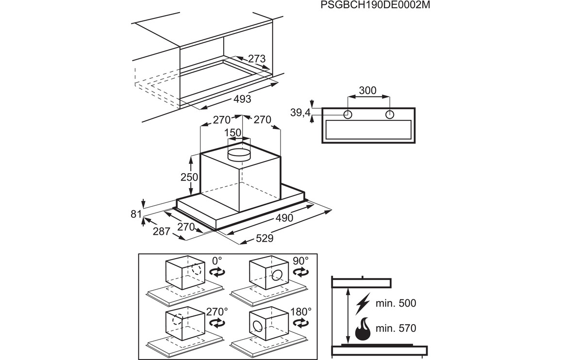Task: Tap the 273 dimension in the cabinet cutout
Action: [x=257, y=59]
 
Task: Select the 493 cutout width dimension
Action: [x=242, y=99]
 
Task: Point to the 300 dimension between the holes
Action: [x=367, y=90]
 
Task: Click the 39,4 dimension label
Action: [x=300, y=113]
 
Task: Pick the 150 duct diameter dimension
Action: [x=233, y=133]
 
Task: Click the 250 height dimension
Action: [x=190, y=177]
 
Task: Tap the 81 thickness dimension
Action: [x=136, y=214]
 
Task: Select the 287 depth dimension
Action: [x=161, y=231]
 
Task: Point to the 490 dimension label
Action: [x=284, y=218]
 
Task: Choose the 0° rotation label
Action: [x=216, y=261]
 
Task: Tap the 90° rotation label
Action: [x=300, y=261]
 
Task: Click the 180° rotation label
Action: [x=301, y=311]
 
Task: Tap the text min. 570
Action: [x=396, y=328]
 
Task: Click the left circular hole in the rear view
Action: [x=348, y=115]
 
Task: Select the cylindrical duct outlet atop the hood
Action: [x=239, y=153]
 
